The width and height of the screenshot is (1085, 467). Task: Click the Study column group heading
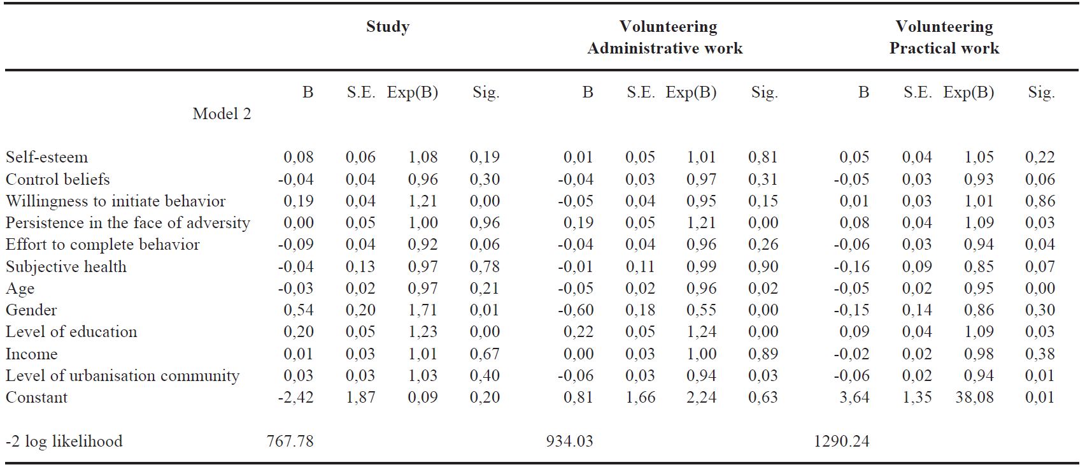pyautogui.click(x=387, y=27)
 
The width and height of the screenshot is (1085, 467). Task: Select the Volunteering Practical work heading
pyautogui.click(x=944, y=38)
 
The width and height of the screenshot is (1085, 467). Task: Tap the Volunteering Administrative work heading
pyautogui.click(x=665, y=38)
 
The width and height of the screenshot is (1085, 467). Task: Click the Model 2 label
pyautogui.click(x=222, y=114)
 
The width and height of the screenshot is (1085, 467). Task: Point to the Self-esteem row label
pyautogui.click(x=46, y=157)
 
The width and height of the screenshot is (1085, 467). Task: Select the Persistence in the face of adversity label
pyautogui.click(x=127, y=223)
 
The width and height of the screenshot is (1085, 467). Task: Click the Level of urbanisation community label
pyautogui.click(x=122, y=376)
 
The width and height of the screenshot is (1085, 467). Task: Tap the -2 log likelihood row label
pyautogui.click(x=64, y=442)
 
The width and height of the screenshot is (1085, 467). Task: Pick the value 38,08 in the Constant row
pyautogui.click(x=974, y=398)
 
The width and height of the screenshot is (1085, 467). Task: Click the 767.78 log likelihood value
pyautogui.click(x=290, y=442)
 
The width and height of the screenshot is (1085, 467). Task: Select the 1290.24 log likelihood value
pyautogui.click(x=841, y=442)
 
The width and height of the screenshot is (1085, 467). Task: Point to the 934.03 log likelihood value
pyautogui.click(x=569, y=442)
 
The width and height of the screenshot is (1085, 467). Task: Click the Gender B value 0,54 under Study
pyautogui.click(x=298, y=310)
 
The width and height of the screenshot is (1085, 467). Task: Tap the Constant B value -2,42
pyautogui.click(x=295, y=398)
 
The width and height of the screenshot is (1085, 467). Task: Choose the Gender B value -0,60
pyautogui.click(x=576, y=310)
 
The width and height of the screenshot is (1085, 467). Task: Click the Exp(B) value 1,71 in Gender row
pyautogui.click(x=423, y=310)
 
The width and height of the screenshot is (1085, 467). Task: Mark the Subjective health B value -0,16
pyautogui.click(x=851, y=267)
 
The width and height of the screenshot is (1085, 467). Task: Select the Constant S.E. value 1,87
pyautogui.click(x=360, y=398)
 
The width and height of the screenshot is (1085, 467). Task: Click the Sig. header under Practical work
pyautogui.click(x=1041, y=93)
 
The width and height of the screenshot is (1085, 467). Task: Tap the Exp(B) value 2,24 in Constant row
pyautogui.click(x=701, y=398)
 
